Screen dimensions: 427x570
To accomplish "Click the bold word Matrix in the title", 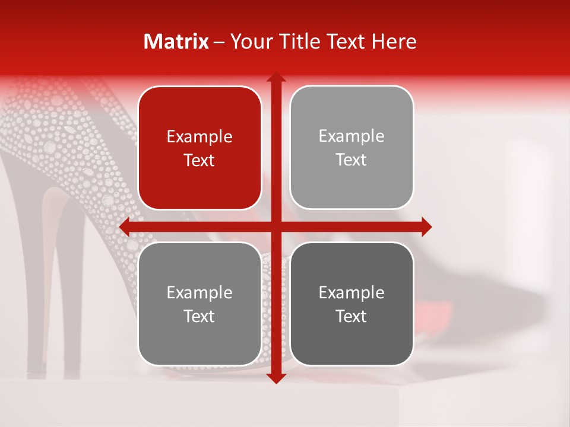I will (x=176, y=42).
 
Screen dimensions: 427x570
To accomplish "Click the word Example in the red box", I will (x=199, y=137).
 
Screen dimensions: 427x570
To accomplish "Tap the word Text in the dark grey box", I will (x=351, y=316).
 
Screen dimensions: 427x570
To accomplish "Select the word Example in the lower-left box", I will (x=199, y=293).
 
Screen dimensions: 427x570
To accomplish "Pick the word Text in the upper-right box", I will (x=351, y=160).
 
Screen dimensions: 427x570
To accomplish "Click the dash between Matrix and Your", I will (x=219, y=42).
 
